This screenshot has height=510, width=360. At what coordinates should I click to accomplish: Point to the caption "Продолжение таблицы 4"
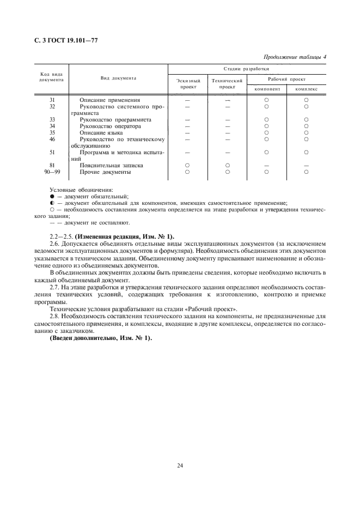pos(295,57)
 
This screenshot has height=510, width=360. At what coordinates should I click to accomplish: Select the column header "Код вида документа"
pos(52,77)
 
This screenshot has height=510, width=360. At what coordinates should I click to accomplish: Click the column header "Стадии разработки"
pos(247,69)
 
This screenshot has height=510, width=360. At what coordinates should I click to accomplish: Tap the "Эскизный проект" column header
pos(188,83)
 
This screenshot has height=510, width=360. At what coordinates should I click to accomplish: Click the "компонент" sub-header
pos(267,89)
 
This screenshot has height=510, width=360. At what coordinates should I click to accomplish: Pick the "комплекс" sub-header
pos(306,89)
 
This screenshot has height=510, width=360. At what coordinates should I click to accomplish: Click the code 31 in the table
pos(52,100)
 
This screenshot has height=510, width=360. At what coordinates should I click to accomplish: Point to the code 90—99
pos(52,172)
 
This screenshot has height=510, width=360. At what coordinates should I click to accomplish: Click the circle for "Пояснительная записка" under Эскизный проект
pos(187,165)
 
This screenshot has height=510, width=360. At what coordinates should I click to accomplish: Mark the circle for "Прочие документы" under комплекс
pos(306,172)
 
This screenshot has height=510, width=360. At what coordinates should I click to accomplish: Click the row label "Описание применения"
pos(109,100)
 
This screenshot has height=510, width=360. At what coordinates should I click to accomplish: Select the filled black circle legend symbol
pos(52,196)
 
